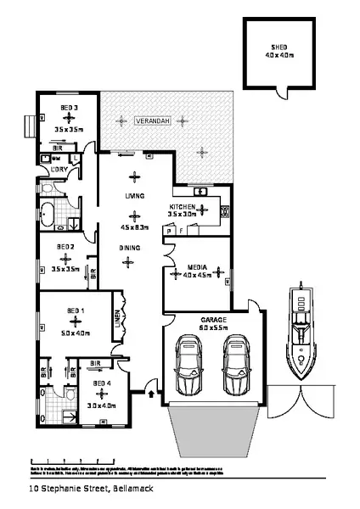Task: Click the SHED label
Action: (278, 48)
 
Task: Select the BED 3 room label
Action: (70, 108)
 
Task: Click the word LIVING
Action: (132, 194)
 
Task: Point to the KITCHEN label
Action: (183, 207)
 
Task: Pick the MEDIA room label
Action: (197, 266)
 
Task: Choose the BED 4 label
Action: (103, 383)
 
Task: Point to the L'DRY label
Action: (60, 170)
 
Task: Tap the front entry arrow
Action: (151, 394)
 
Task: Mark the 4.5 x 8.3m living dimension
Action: (135, 227)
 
